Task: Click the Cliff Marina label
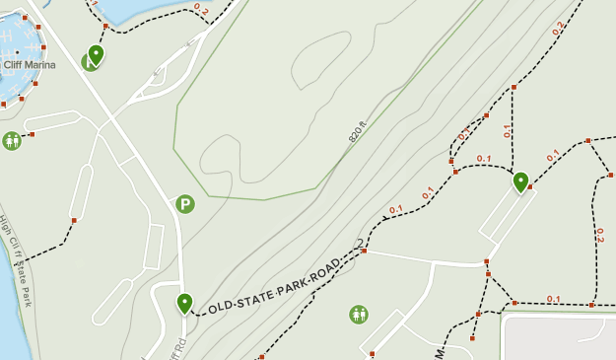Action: point(29,65)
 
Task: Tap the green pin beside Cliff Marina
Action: point(96,53)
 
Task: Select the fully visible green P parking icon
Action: point(184,204)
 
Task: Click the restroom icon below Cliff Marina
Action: point(12,140)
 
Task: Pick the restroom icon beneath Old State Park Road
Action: point(359,315)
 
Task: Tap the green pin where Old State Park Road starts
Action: point(184,303)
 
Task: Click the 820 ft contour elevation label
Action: point(357,132)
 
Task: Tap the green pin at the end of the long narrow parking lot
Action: point(520,181)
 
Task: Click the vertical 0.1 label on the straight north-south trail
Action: point(508,129)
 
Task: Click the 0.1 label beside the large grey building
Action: point(553,299)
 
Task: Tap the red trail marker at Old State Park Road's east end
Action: point(364,251)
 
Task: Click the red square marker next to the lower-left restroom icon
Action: point(32,134)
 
